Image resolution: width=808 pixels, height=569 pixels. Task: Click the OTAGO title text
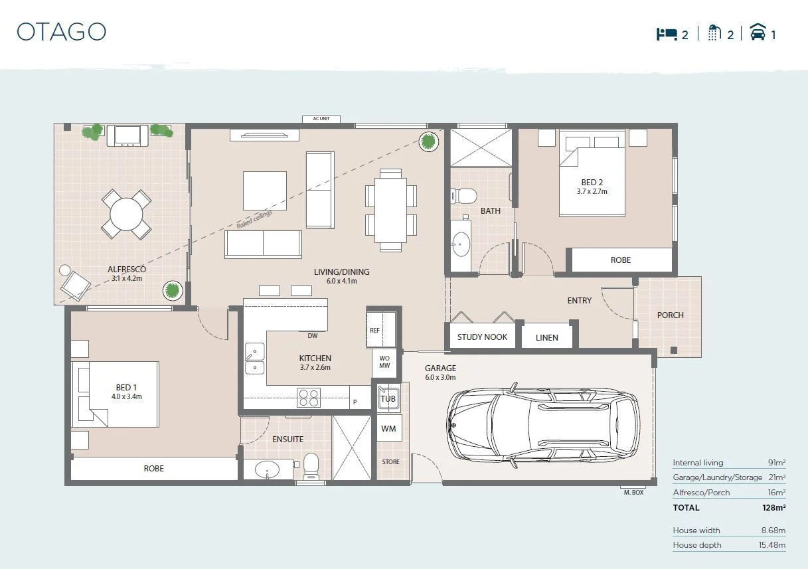[x=61, y=32]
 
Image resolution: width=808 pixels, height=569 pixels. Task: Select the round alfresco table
[x=126, y=214]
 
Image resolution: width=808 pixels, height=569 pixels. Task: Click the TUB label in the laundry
[x=388, y=398]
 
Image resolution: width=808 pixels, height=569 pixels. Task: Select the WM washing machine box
[x=388, y=429]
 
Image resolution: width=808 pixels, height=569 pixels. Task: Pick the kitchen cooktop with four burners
[x=309, y=397]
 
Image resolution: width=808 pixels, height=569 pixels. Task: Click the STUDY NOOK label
[x=482, y=337]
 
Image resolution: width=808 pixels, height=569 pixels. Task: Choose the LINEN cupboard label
[x=546, y=337]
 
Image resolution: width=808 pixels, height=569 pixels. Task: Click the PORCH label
[x=670, y=315]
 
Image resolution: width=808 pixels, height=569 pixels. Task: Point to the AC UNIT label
[x=321, y=119]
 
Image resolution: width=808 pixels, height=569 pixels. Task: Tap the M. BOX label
[x=633, y=492]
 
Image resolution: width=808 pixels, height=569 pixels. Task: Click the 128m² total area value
[x=773, y=507]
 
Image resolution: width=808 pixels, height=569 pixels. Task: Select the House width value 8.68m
[x=772, y=530]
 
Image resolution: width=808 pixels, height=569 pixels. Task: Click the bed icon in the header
[x=666, y=34]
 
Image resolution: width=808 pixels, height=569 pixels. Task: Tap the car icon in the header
[x=758, y=33]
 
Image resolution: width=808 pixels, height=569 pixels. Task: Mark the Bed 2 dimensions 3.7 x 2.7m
[x=592, y=191]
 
